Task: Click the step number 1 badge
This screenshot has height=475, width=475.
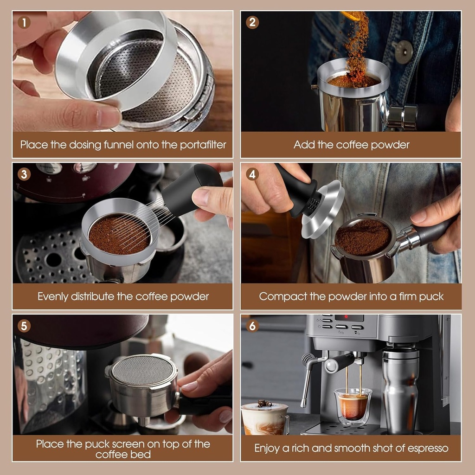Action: pyautogui.click(x=24, y=22)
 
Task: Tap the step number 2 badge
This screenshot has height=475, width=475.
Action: pyautogui.click(x=252, y=22)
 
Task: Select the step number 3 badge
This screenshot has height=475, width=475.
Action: pyautogui.click(x=24, y=174)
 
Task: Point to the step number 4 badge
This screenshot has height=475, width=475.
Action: pyautogui.click(x=252, y=174)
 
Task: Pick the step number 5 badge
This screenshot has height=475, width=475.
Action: pyautogui.click(x=24, y=326)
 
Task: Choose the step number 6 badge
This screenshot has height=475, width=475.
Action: pyautogui.click(x=252, y=326)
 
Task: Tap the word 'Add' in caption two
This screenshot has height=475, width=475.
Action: pyautogui.click(x=304, y=145)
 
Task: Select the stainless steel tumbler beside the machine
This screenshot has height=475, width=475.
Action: pyautogui.click(x=400, y=390)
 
